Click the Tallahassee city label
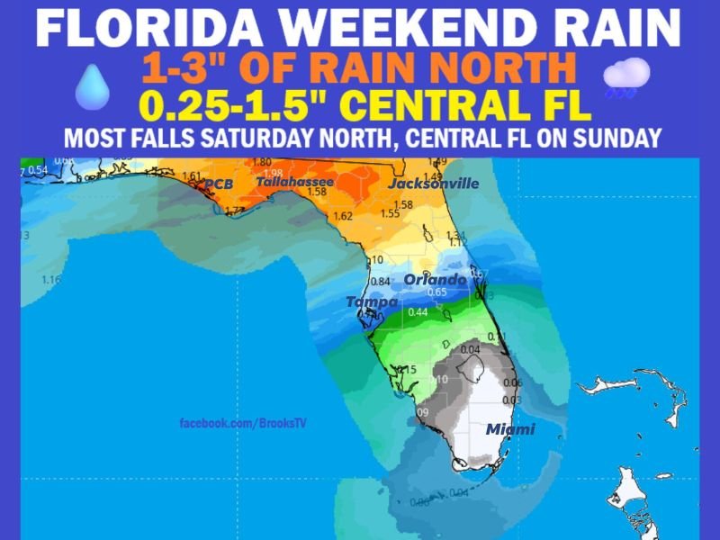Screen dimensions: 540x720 (x=294, y=182)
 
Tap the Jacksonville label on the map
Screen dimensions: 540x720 (x=433, y=184)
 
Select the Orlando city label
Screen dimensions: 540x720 (x=435, y=280)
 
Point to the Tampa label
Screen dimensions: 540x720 (x=372, y=302)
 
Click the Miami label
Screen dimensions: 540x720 (x=510, y=429)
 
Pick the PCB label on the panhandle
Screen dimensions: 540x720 (x=218, y=184)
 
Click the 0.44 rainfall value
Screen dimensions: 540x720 (x=418, y=312)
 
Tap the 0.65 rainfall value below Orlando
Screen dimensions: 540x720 (x=437, y=292)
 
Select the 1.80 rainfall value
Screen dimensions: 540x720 (x=262, y=163)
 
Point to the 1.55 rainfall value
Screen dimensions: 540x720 (x=390, y=214)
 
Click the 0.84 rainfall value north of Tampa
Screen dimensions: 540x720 (x=380, y=282)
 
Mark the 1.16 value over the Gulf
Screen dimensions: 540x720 (x=51, y=280)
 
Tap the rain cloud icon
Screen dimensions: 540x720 (x=626, y=76)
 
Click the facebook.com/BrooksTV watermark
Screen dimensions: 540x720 (x=243, y=423)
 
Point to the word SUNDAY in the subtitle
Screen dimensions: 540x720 (x=621, y=139)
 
